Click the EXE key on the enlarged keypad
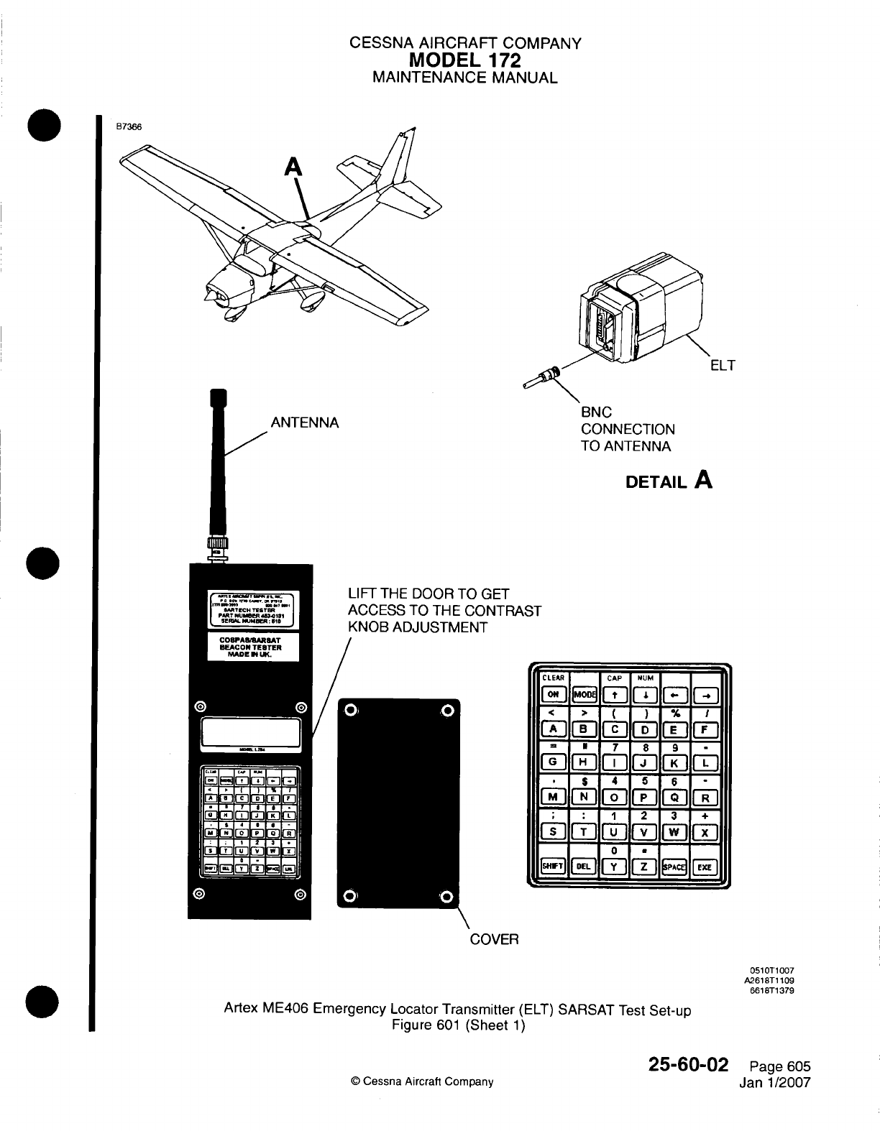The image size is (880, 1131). pyautogui.click(x=705, y=866)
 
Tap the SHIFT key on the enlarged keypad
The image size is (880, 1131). pyautogui.click(x=553, y=866)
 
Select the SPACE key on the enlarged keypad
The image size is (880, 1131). pyautogui.click(x=674, y=866)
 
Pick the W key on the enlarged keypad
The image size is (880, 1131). pyautogui.click(x=674, y=832)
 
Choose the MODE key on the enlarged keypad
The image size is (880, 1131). pyautogui.click(x=584, y=694)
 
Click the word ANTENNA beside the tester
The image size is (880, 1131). pyautogui.click(x=304, y=423)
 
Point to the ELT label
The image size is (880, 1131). pyautogui.click(x=722, y=366)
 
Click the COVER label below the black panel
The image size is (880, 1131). pyautogui.click(x=494, y=939)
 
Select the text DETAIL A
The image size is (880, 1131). pyautogui.click(x=669, y=480)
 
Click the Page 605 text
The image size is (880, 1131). pyautogui.click(x=779, y=1066)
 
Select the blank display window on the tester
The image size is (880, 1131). pyautogui.click(x=250, y=733)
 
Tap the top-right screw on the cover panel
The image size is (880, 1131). pyautogui.click(x=448, y=711)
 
